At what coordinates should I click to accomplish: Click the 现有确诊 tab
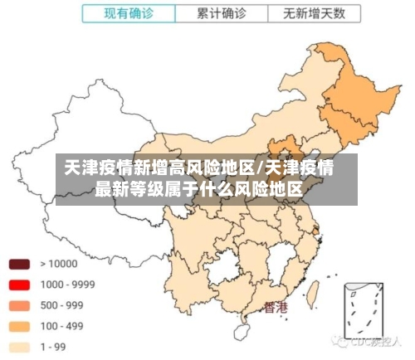coord(129,13)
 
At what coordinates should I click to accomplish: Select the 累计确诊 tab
coord(221,13)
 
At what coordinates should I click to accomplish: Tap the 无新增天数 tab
coord(314,13)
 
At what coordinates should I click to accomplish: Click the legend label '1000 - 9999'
coord(67,285)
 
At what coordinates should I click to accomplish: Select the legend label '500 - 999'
coord(62,305)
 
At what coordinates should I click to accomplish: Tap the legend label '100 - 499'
coord(62,326)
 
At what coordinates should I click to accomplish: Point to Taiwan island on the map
coord(314,292)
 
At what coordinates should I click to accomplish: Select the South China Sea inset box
coord(365,315)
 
